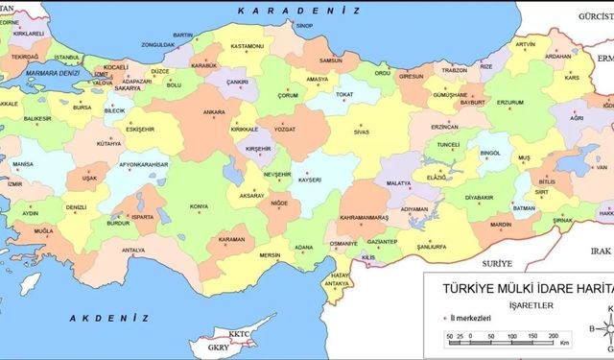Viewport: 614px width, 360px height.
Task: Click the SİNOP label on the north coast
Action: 306,26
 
